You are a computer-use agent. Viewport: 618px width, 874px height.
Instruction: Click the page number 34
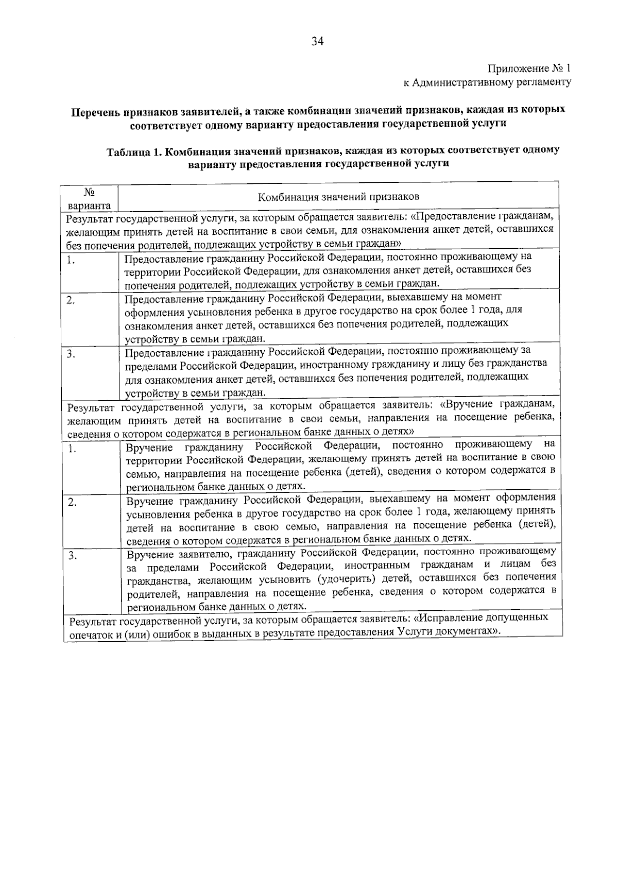[x=316, y=42]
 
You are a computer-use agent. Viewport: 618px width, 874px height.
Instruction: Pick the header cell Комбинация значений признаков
[x=338, y=196]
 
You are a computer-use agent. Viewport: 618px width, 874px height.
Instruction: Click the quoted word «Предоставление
[x=452, y=216]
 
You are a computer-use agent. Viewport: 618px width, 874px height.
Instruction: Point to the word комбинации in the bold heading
[x=316, y=110]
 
